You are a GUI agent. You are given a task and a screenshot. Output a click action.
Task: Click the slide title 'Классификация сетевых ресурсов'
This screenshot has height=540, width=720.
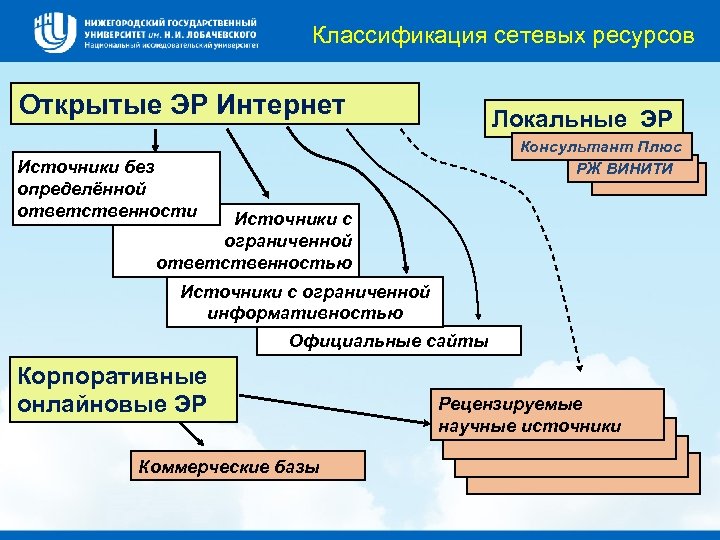coord(502,37)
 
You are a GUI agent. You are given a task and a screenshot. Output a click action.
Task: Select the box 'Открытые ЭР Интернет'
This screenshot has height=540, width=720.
coord(214,104)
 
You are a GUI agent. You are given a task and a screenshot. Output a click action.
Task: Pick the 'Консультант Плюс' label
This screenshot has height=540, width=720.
coord(599,147)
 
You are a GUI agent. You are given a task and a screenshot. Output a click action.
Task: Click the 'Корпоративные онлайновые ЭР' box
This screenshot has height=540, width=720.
coord(125,390)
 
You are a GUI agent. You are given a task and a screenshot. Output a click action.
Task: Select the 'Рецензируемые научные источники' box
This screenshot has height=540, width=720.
coord(548,414)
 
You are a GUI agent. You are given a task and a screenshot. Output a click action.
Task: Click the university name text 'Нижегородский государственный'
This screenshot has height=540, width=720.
coord(171,21)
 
